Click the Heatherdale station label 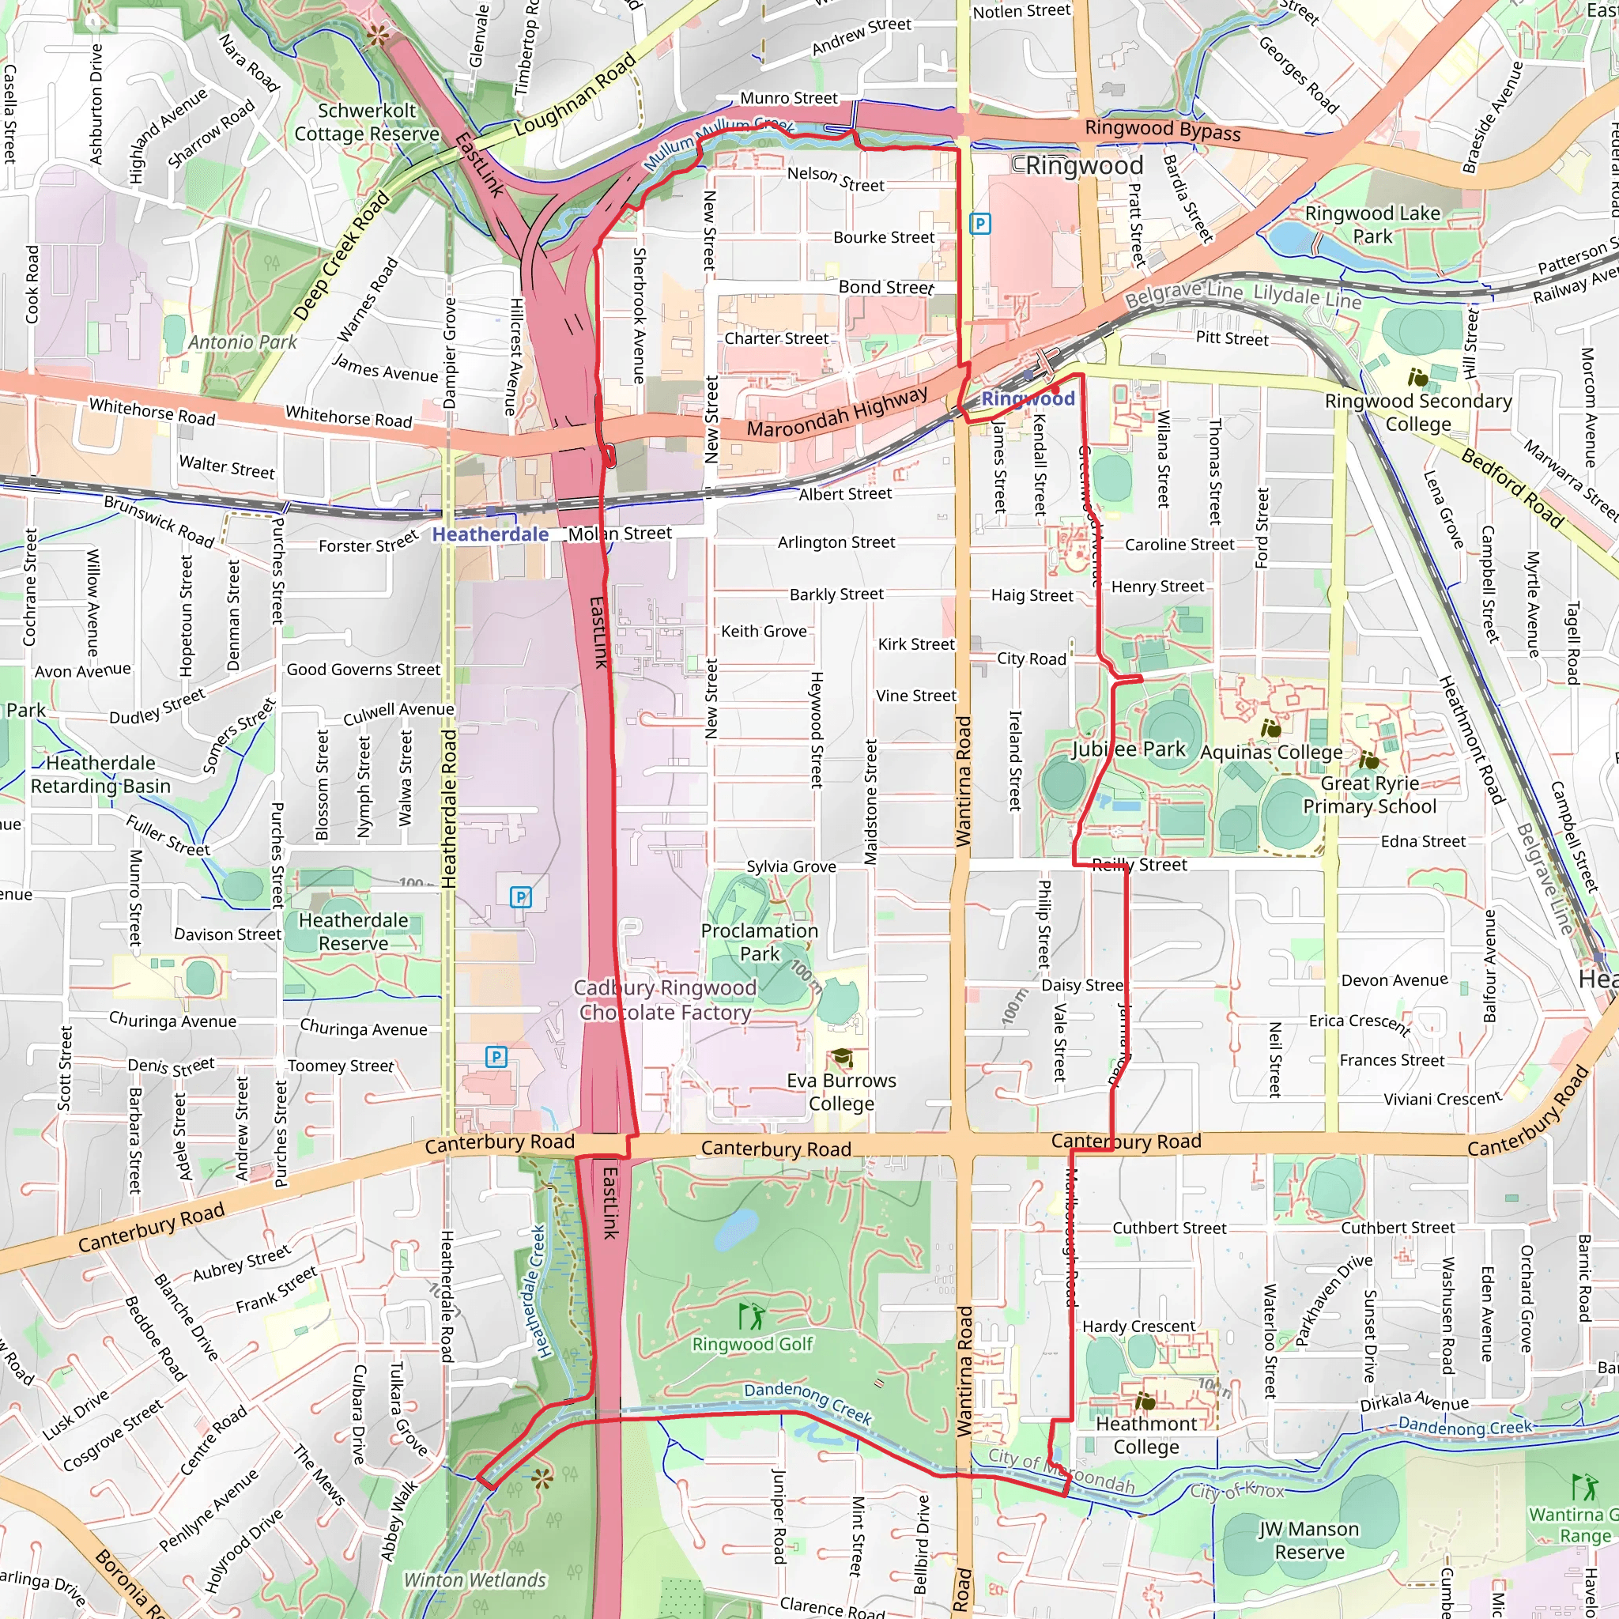[490, 534]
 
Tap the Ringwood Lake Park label [1372, 225]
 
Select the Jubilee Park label [1128, 749]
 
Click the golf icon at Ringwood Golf [752, 1315]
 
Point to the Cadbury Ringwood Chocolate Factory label [664, 1000]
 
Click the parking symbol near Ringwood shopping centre [979, 224]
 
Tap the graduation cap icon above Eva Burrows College [840, 1058]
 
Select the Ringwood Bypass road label [1162, 130]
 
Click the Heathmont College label [1145, 1436]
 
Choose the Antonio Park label [242, 342]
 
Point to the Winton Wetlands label [474, 1579]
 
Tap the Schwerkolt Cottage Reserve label [366, 123]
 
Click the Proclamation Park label [759, 942]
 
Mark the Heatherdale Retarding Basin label [100, 774]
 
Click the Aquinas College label [1270, 753]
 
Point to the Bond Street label [885, 288]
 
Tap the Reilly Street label [1139, 865]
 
